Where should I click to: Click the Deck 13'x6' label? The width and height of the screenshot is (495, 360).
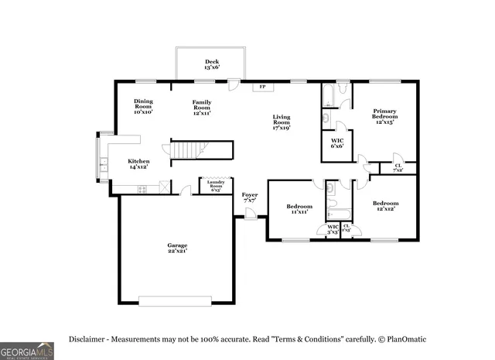point(211,65)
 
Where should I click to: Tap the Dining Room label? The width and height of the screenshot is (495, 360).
point(143,107)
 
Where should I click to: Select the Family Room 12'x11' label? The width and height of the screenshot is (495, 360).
point(202,107)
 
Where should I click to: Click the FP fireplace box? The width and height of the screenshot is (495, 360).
point(261,87)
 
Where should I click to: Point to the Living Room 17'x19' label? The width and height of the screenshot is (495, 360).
point(281,122)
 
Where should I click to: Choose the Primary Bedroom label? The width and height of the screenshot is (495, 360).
point(384,116)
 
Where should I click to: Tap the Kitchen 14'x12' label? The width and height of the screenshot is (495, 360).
point(138,163)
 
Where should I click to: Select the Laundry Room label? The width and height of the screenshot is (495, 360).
point(216,187)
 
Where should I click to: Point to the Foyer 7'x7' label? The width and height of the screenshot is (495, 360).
point(249,197)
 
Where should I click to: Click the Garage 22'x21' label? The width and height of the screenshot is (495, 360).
point(177,248)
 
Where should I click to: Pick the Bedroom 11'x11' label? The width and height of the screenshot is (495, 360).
point(299,209)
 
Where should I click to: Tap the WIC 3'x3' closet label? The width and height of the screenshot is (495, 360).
point(333,229)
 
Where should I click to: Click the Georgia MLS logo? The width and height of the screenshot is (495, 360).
point(27,351)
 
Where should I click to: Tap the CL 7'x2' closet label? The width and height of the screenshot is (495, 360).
point(398,167)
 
